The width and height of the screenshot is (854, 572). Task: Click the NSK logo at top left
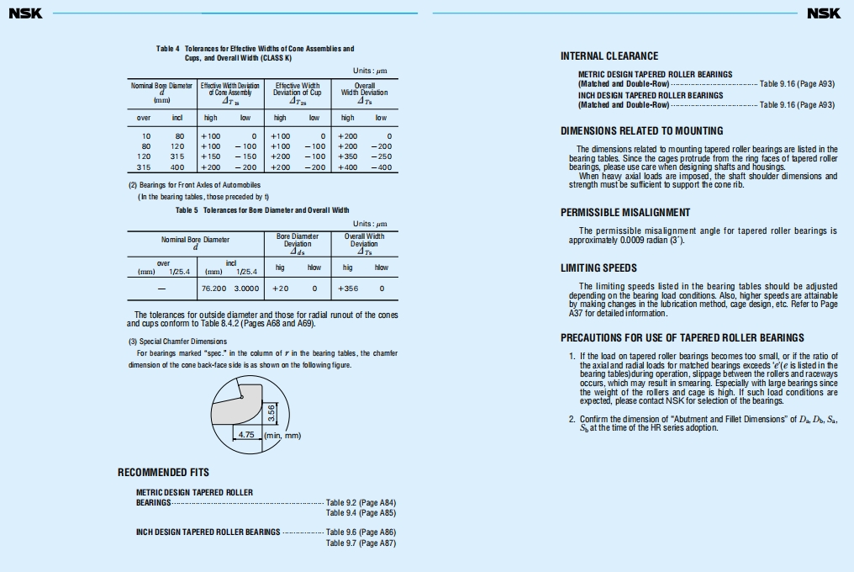[25, 13]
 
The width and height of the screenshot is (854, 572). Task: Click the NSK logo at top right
[824, 13]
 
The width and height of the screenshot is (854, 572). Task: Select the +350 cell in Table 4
[347, 156]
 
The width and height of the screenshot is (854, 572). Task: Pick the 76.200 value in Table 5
[214, 289]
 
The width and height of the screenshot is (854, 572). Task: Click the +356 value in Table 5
[348, 289]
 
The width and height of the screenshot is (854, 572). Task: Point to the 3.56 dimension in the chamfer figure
[271, 414]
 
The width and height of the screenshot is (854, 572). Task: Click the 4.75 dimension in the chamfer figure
[246, 435]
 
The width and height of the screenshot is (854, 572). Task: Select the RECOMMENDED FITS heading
[163, 473]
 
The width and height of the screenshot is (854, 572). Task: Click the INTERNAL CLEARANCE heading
[609, 56]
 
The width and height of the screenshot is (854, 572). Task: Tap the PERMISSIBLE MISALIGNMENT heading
[625, 213]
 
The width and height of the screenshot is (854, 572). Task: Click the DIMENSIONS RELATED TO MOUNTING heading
[641, 131]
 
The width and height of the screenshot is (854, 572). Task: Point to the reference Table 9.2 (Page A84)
[361, 503]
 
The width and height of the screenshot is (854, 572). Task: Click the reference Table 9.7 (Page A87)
[361, 543]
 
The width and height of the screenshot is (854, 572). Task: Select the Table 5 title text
[262, 210]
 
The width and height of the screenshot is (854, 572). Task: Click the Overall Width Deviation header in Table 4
[365, 89]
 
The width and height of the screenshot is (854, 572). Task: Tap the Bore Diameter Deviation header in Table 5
[298, 243]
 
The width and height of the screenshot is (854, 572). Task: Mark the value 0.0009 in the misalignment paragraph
[631, 240]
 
